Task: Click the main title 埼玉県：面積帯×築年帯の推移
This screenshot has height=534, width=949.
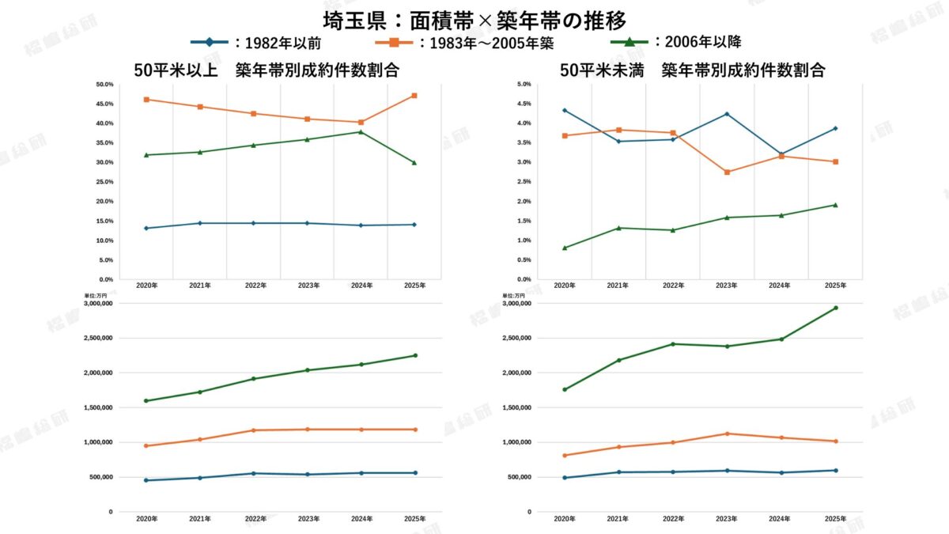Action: [475, 17]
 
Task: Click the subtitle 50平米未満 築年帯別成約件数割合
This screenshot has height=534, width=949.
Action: [692, 70]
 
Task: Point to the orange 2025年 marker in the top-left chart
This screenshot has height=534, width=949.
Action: [414, 96]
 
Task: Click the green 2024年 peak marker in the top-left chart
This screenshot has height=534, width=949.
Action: [361, 131]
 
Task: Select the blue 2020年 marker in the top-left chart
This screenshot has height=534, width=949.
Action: [146, 228]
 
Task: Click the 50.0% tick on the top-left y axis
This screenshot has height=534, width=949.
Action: [104, 85]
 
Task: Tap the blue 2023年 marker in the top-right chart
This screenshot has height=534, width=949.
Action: [727, 114]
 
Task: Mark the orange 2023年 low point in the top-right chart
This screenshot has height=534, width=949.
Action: [727, 172]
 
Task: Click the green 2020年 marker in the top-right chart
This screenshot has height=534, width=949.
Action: [565, 248]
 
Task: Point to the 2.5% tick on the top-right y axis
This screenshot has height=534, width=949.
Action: [523, 182]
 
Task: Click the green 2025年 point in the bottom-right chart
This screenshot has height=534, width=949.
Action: [835, 308]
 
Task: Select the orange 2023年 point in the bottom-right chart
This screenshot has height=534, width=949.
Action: [727, 434]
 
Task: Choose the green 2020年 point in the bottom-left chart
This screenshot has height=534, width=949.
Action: [146, 400]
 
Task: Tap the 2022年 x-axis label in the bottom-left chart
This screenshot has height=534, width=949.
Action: [254, 519]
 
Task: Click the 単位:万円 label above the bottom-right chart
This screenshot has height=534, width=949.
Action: [513, 295]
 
